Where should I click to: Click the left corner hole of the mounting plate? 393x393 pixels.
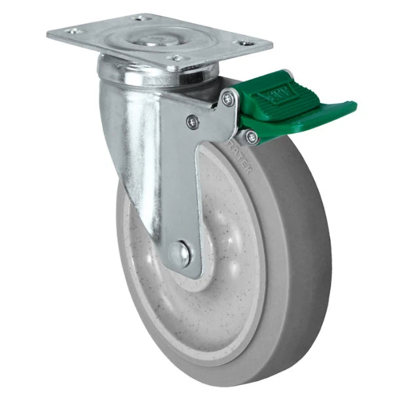(73, 30)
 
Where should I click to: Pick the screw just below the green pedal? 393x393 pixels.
(251, 137)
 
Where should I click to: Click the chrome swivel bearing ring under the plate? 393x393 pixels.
(157, 75)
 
